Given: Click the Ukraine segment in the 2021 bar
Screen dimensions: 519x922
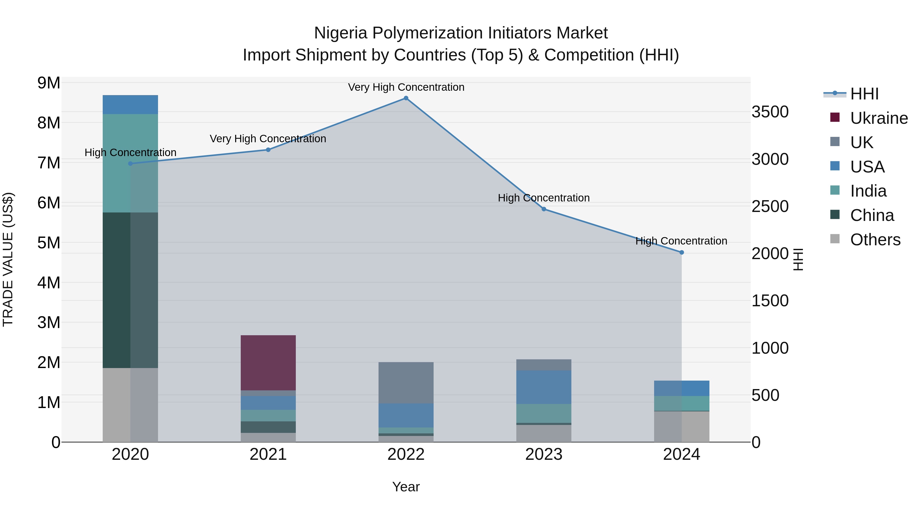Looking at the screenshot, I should click(268, 362).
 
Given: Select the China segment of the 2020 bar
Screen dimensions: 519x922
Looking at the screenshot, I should click(130, 290).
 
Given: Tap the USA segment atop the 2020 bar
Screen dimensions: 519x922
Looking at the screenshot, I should click(130, 105).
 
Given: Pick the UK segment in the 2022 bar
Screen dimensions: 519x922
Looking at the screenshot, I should click(406, 383).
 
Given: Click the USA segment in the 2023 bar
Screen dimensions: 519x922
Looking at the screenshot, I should click(544, 387).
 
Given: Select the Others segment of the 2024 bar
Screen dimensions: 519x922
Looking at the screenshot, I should click(682, 426).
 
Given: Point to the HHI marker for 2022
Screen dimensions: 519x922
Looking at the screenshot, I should click(406, 98).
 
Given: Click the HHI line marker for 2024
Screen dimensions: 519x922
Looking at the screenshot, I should click(682, 252).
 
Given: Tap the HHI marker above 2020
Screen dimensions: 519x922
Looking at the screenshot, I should click(130, 164).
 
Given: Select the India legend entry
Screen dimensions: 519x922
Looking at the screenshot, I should click(868, 191).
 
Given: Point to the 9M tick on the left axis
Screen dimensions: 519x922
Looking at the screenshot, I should click(49, 83).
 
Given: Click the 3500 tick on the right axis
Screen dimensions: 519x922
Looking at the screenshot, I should click(770, 112).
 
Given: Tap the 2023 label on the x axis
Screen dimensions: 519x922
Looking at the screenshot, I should click(544, 454).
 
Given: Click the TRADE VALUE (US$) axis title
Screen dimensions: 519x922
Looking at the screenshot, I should click(8, 259).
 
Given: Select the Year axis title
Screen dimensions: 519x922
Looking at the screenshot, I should click(406, 487).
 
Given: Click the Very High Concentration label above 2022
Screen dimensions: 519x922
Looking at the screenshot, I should click(406, 87).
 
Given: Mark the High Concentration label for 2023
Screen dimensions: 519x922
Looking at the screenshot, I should click(544, 198).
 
